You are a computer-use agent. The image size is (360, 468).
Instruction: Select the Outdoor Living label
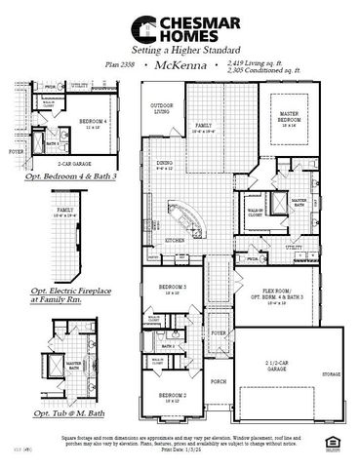coord(160,109)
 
